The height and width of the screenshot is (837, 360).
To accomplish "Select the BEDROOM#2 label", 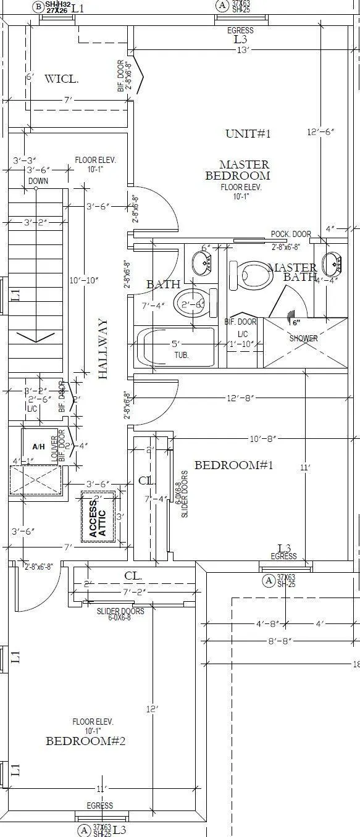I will coord(86,741).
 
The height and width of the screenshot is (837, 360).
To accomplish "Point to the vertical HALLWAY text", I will coord(103,349).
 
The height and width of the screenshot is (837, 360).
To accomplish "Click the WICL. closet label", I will coord(61,78).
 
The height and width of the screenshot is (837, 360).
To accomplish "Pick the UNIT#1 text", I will coord(248,133).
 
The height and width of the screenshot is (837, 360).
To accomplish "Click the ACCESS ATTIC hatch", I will coord(98,516).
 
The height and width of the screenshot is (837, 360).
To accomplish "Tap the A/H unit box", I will coord(39,446).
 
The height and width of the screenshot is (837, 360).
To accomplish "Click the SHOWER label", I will coord(304,338).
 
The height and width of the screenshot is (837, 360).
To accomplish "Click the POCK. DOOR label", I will coord(290,235).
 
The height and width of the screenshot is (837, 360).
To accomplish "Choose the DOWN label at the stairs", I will coord(38,181).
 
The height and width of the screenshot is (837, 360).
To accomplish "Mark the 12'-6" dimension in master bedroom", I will coord(320,131).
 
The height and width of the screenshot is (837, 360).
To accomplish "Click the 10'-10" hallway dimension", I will coord(85,280).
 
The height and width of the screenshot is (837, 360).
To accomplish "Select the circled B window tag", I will coord(38,7).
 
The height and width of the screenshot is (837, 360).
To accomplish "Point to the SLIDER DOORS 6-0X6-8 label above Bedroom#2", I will coord(121,614).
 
